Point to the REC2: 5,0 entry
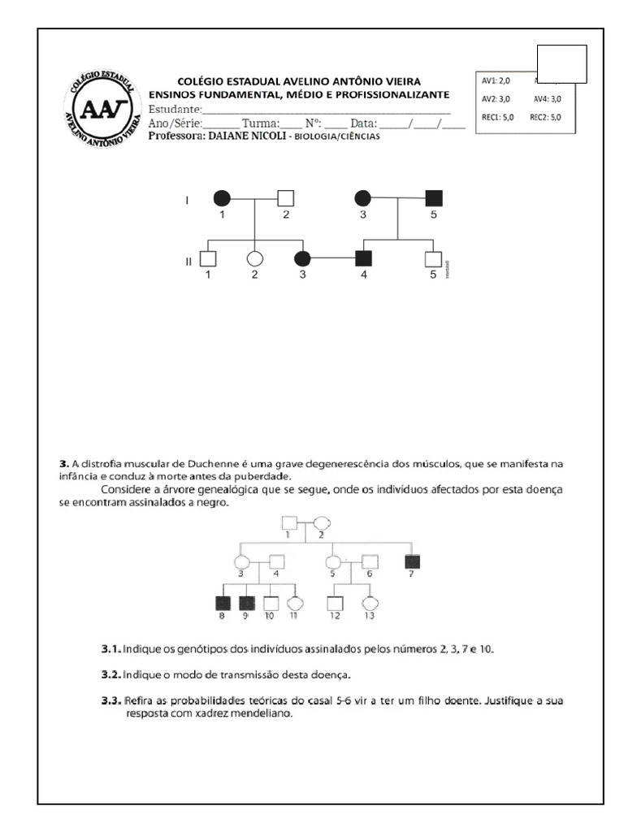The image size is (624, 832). tap(545, 117)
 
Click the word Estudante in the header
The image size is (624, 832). tap(174, 110)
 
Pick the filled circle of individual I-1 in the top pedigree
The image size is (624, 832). tap(220, 197)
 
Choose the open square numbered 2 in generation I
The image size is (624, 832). tap(285, 197)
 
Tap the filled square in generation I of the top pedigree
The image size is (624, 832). tap(433, 197)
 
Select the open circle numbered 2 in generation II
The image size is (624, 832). tap(254, 259)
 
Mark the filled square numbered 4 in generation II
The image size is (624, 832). tap(363, 259)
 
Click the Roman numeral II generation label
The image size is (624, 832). tap(188, 261)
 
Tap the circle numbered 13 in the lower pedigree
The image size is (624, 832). tap(370, 604)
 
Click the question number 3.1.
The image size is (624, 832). tap(111, 649)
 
